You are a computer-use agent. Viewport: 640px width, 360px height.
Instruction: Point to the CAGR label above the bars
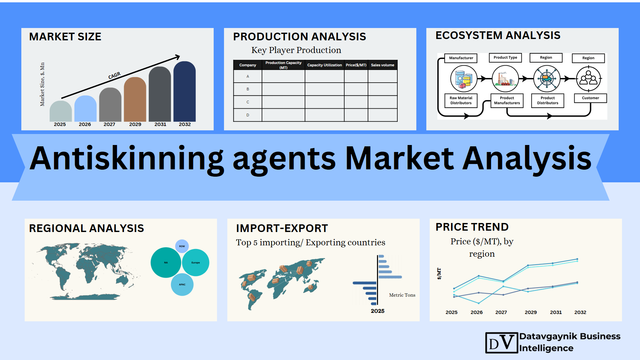point(114,76)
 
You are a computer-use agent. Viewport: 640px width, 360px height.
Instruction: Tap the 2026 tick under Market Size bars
point(85,124)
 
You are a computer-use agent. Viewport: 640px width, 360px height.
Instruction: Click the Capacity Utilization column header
point(324,65)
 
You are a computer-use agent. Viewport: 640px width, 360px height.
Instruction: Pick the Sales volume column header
point(383,65)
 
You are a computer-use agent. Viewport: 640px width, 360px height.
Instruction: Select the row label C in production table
point(248,102)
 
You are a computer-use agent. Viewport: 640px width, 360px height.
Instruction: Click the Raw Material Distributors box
point(461,100)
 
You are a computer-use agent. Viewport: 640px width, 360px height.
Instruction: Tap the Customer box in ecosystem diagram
point(590,98)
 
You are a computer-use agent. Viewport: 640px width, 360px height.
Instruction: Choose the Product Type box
point(505,58)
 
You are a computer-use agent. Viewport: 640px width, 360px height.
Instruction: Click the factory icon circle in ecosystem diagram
point(505,79)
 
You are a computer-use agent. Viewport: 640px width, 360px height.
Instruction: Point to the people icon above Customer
point(589,79)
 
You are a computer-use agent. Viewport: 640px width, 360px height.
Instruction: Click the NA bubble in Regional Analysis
point(166,263)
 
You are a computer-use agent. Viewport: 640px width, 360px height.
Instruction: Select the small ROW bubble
point(182,246)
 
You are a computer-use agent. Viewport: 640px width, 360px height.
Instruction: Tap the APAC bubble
point(182,285)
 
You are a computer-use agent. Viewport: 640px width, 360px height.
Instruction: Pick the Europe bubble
point(196,263)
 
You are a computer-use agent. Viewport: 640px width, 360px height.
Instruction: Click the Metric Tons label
point(402,295)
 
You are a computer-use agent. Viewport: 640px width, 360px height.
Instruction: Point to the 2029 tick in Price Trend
point(531,312)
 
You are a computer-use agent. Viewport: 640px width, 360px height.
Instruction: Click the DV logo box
point(502,343)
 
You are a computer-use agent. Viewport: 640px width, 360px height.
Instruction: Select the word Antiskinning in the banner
point(127,159)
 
